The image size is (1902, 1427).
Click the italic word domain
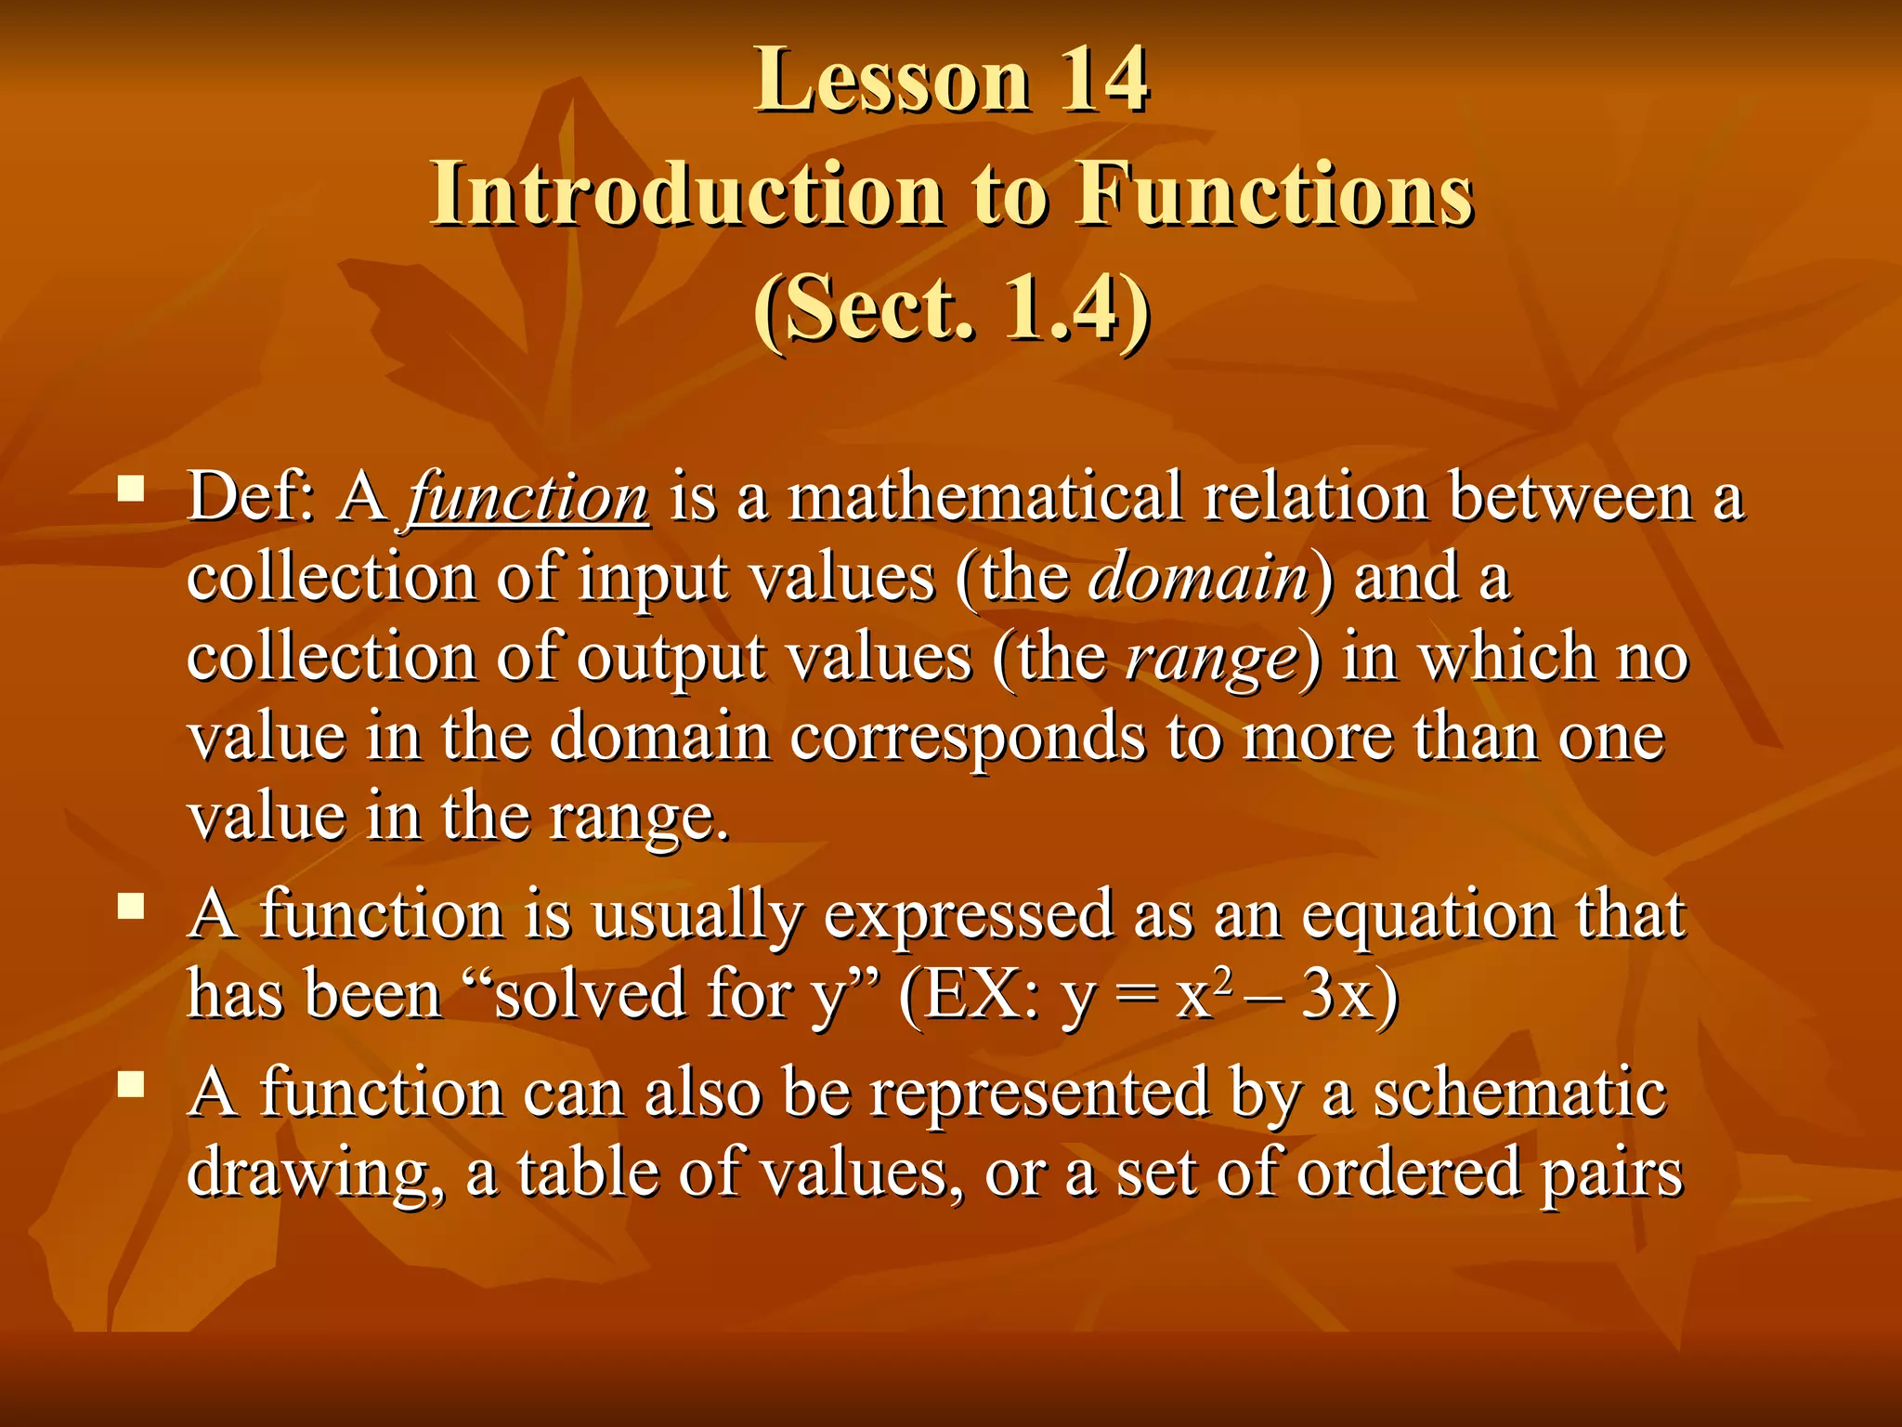pos(1198,578)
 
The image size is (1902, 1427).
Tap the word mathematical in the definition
pos(985,497)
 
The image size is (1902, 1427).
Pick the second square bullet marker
pos(131,906)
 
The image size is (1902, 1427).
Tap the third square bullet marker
pos(131,1083)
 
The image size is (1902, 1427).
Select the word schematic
pos(1519,1093)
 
